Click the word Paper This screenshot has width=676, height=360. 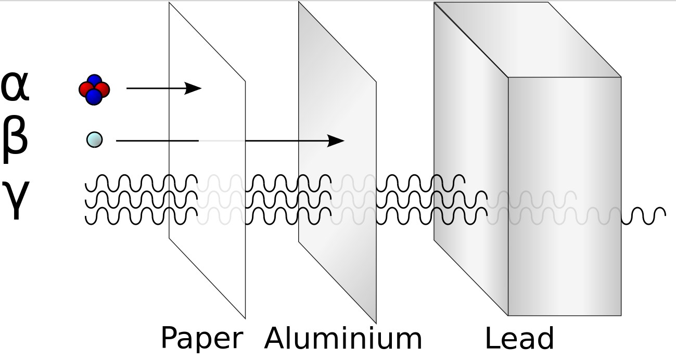(201, 339)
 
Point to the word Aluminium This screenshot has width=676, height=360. (343, 339)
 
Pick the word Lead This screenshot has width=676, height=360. (519, 339)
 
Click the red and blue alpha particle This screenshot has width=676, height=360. (94, 89)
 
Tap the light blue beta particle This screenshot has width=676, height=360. (94, 139)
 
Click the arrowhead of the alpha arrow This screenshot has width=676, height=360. (195, 88)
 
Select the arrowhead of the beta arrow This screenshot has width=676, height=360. (337, 140)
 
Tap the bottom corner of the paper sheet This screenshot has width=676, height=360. (245, 317)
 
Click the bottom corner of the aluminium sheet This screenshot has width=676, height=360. (376, 323)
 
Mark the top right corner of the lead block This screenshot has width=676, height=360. (621, 77)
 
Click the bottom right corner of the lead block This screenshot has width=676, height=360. (621, 315)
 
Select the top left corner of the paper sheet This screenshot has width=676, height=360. (170, 3)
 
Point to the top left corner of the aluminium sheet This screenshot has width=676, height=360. (299, 3)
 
